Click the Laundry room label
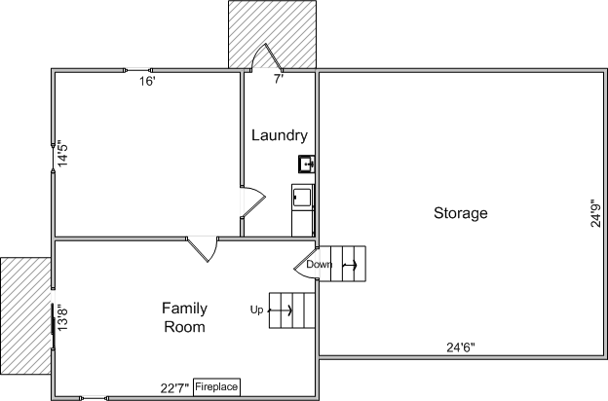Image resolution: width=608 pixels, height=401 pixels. [x=280, y=135]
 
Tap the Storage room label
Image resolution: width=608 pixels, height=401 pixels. [x=461, y=213]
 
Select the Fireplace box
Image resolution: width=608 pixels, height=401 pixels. [x=216, y=387]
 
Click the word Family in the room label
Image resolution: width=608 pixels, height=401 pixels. [x=184, y=309]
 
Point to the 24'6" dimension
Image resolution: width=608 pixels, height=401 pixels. [x=461, y=347]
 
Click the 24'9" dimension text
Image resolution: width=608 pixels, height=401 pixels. [x=595, y=213]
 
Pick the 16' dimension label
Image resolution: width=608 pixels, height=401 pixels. [x=148, y=82]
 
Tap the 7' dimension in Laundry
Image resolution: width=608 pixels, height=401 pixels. [x=279, y=79]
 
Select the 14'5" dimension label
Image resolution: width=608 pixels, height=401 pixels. [x=62, y=154]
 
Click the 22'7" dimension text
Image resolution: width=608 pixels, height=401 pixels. [x=174, y=387]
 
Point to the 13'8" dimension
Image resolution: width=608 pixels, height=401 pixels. [x=62, y=318]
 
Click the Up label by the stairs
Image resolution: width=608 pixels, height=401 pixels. [x=256, y=310]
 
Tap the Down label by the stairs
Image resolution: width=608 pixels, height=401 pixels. [x=320, y=264]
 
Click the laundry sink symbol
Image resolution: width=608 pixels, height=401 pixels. [x=306, y=164]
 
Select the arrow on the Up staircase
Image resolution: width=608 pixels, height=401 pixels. [x=281, y=310]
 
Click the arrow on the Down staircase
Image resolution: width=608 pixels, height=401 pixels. [x=350, y=265]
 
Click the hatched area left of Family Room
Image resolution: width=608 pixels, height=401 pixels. [x=25, y=315]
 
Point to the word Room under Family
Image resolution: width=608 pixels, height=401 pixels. [x=184, y=327]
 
